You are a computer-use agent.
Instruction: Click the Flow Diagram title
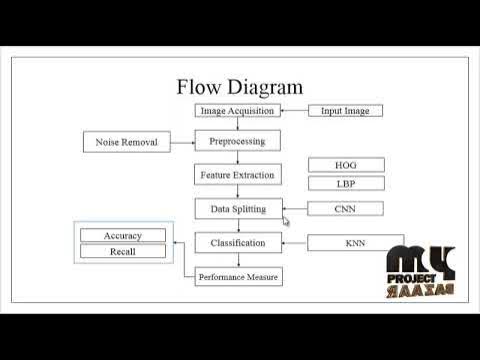239,87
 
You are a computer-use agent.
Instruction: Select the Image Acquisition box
237,110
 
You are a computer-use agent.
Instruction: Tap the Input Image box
344,110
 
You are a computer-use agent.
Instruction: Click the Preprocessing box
237,141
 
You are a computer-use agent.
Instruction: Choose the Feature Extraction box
237,175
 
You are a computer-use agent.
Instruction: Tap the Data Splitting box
237,209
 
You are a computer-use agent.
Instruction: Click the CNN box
344,209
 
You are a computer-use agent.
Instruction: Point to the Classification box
237,243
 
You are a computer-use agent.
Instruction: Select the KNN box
354,243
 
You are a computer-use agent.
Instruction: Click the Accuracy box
122,236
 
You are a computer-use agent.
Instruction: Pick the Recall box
122,252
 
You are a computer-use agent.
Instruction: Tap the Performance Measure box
237,276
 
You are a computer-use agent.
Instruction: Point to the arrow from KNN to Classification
293,243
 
